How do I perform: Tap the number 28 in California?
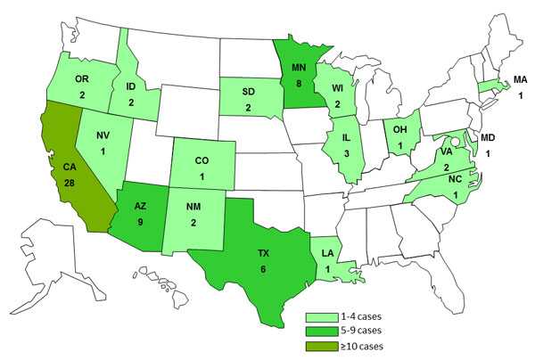69,182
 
